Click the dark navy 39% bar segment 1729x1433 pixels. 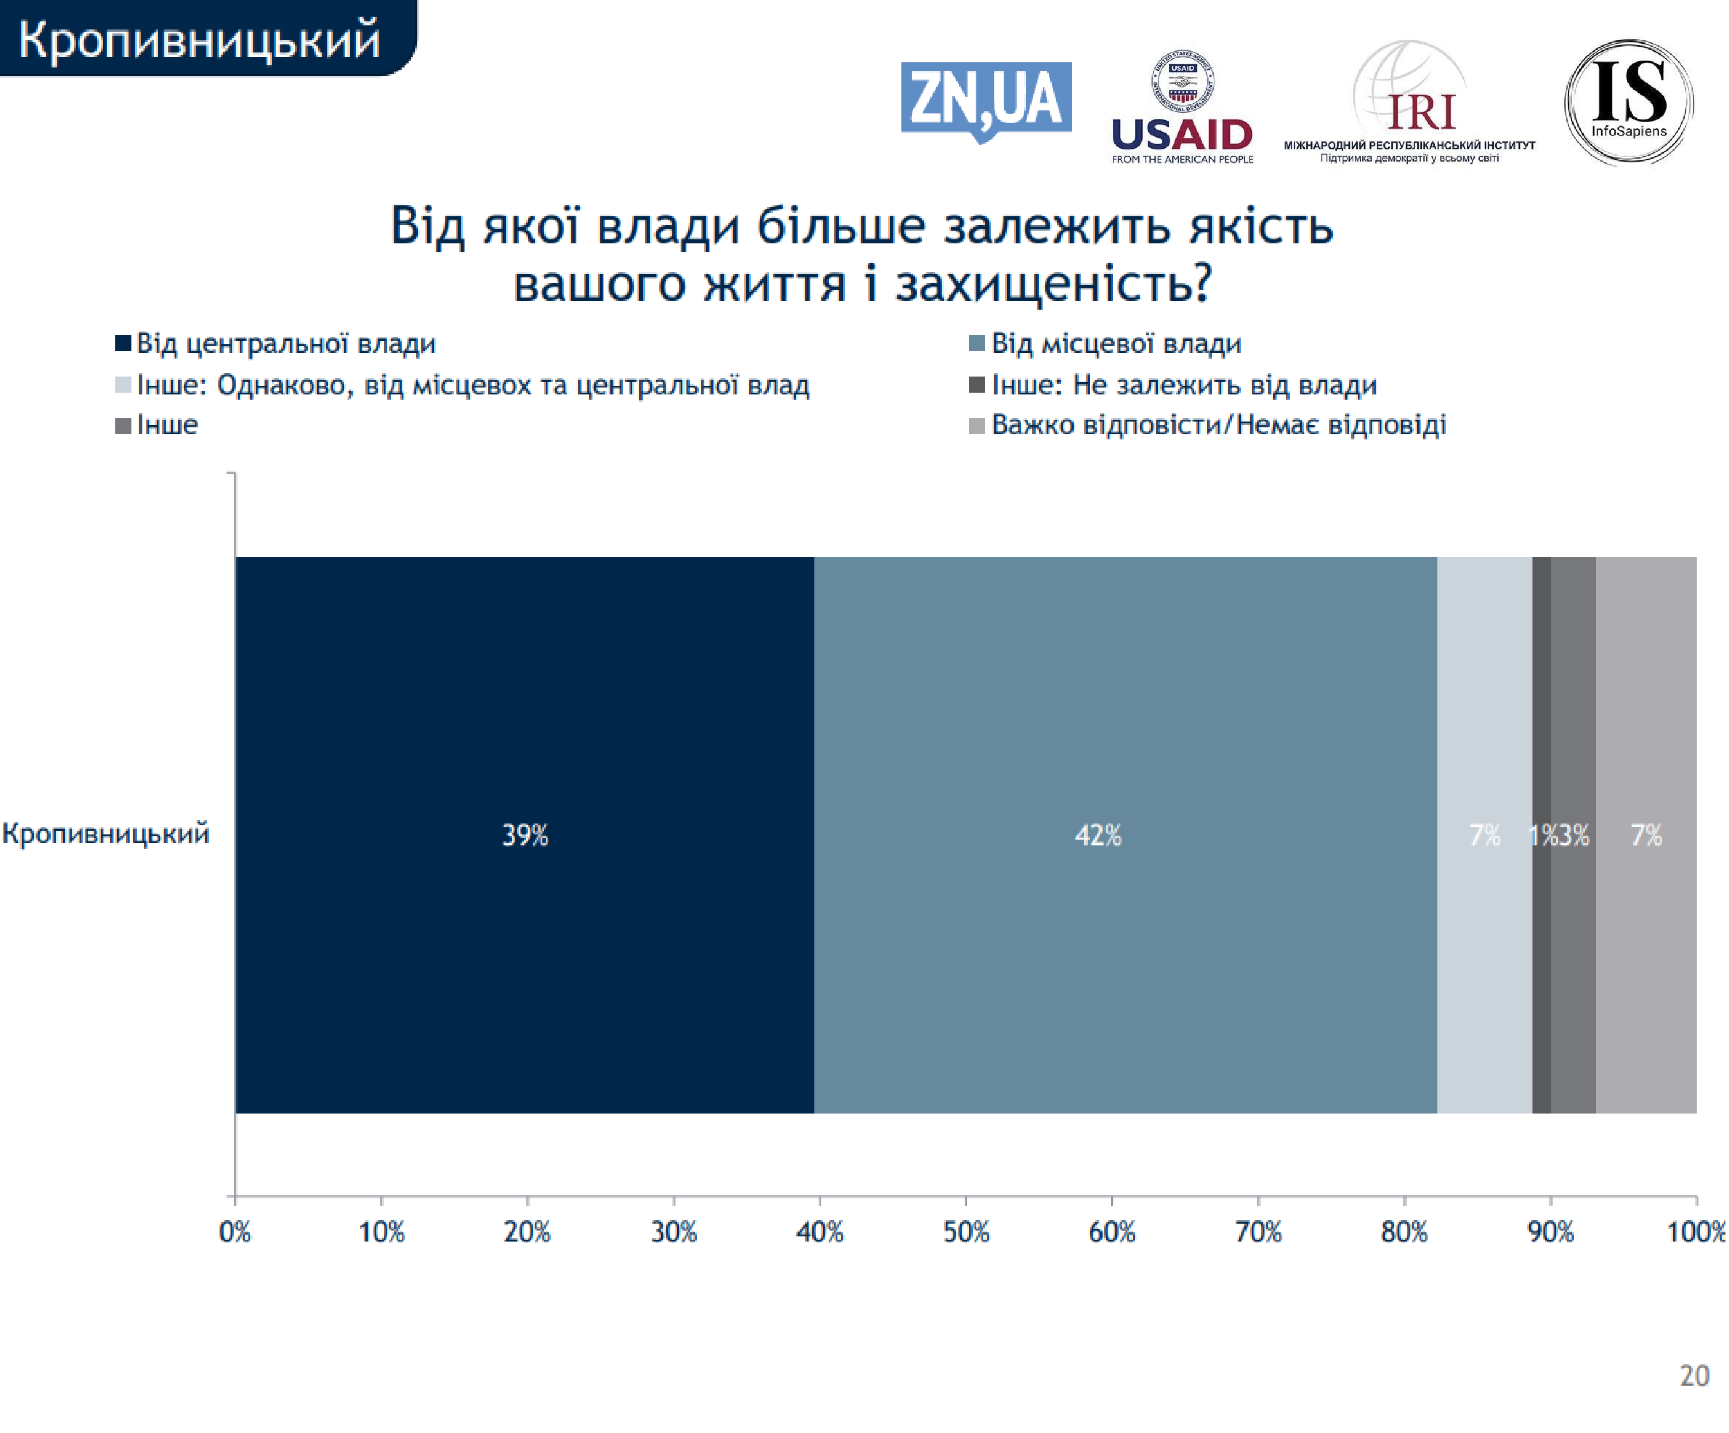click(524, 834)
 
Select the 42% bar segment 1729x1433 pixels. click(1124, 834)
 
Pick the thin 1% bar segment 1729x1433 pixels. click(1541, 906)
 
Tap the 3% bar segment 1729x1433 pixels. click(1573, 906)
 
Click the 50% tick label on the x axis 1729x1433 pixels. click(966, 1232)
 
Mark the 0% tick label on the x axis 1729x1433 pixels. click(235, 1232)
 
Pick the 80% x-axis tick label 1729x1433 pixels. click(1404, 1232)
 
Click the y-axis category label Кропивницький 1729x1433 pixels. click(106, 833)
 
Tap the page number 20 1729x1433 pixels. click(1694, 1375)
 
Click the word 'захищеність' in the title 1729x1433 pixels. click(1053, 284)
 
